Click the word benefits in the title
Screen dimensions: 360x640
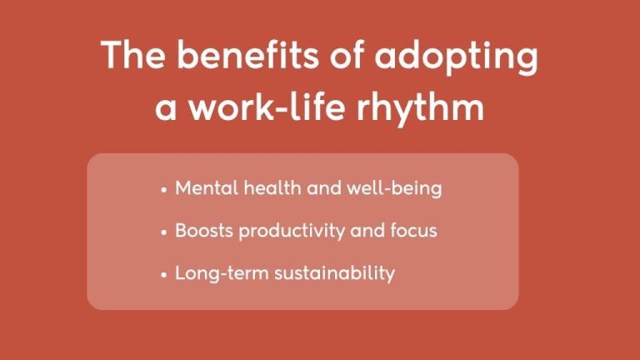click(235, 57)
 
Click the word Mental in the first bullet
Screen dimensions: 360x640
click(206, 189)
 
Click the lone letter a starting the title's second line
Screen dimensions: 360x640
click(167, 110)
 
